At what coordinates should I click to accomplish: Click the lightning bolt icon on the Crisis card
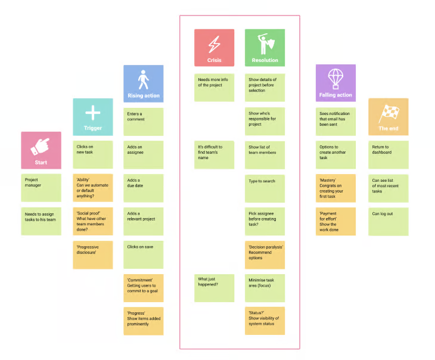(x=214, y=44)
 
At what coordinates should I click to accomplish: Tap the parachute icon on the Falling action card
(x=335, y=79)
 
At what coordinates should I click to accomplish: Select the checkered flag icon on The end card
(x=389, y=113)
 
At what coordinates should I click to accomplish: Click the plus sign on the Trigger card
(x=93, y=113)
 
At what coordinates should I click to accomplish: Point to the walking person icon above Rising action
(x=144, y=80)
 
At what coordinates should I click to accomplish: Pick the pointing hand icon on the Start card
(x=41, y=146)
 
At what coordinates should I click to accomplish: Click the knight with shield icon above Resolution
(x=266, y=44)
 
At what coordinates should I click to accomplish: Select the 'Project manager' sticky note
(x=41, y=188)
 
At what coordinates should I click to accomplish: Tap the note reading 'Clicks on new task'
(x=93, y=154)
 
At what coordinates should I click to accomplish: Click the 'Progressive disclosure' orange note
(x=93, y=255)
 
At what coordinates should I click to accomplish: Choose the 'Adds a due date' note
(x=144, y=188)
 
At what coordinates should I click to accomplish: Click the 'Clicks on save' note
(x=144, y=255)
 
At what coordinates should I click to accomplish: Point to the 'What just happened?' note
(x=214, y=288)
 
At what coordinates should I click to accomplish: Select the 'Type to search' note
(x=265, y=188)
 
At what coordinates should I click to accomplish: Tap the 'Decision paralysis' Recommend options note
(x=265, y=255)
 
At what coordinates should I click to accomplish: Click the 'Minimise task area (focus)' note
(x=265, y=288)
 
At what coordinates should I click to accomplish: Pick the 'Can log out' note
(x=389, y=222)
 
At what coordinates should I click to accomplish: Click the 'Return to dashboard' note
(x=389, y=154)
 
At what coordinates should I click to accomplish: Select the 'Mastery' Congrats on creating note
(x=335, y=188)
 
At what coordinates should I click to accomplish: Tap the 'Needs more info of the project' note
(x=214, y=88)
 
